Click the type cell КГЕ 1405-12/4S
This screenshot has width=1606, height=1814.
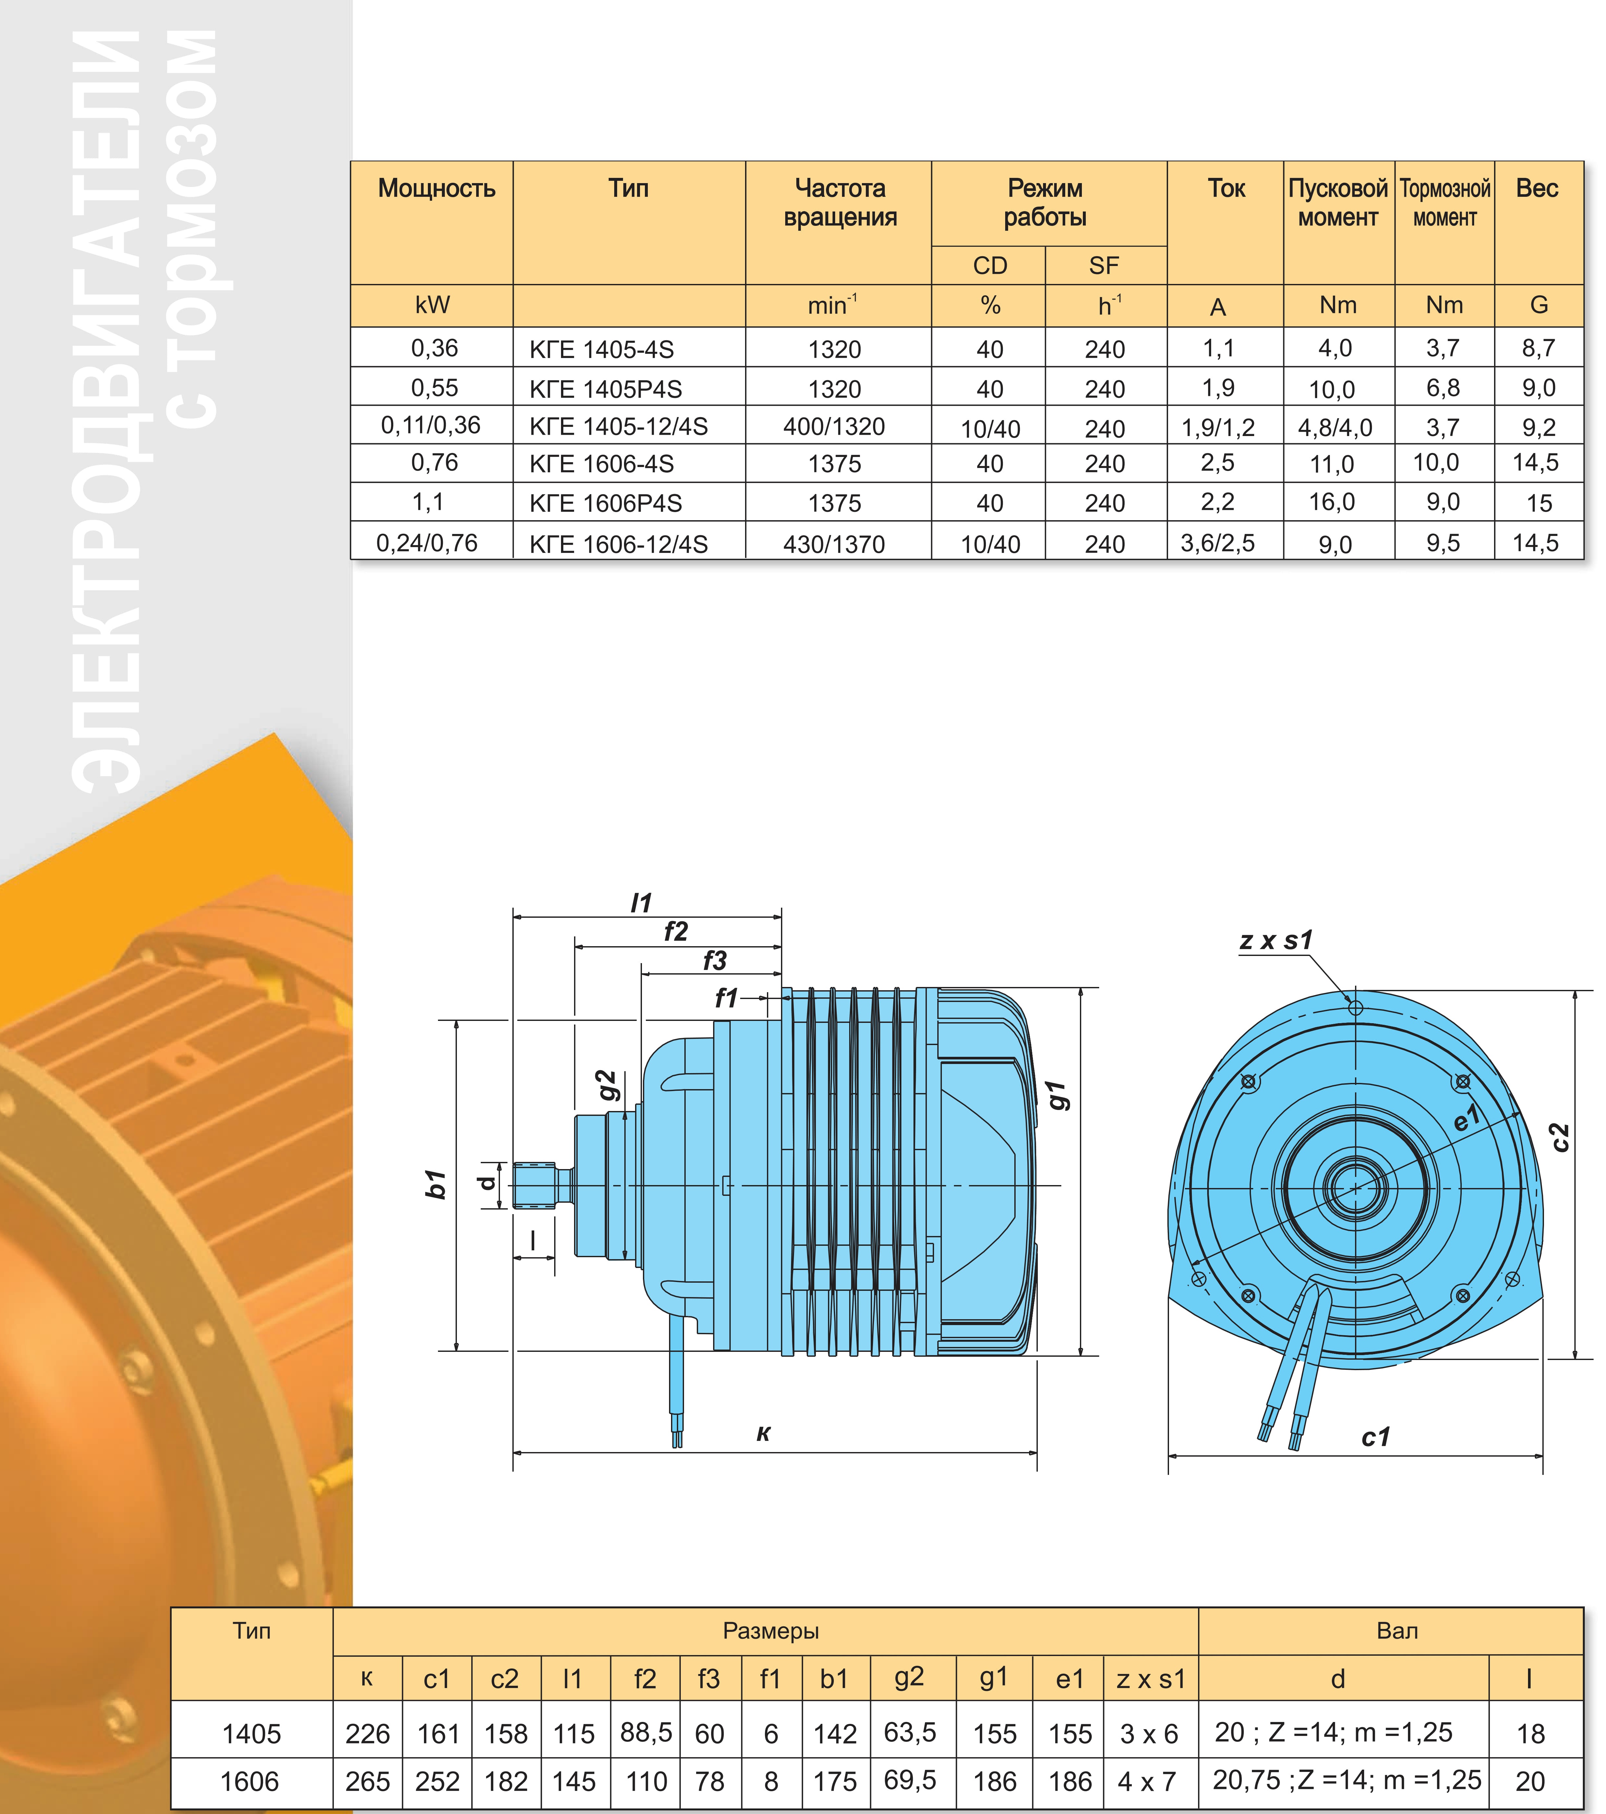point(618,427)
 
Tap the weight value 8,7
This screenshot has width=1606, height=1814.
point(1538,348)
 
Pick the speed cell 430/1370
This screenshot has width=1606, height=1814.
point(834,544)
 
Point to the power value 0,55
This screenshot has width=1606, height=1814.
point(435,388)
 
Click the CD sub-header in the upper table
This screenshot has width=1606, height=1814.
point(990,265)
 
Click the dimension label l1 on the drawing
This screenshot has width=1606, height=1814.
point(641,902)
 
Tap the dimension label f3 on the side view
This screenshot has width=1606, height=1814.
point(714,960)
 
